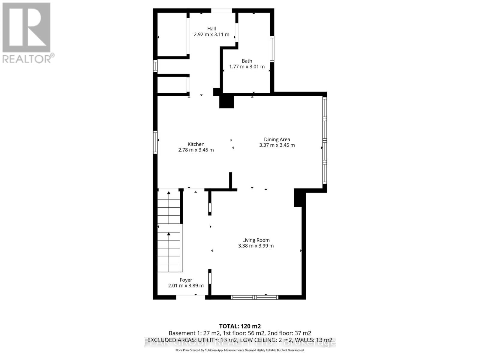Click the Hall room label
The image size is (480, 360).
211,29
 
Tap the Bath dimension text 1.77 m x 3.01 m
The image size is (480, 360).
247,67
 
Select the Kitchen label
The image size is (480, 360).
196,144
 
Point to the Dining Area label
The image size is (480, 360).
277,139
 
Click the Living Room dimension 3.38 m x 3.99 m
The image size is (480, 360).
256,246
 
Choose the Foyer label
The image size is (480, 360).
186,280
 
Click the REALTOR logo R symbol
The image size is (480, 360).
26,28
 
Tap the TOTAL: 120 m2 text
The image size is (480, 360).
240,326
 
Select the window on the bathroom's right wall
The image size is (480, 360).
272,49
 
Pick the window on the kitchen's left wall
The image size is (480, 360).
155,142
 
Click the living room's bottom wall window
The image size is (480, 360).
255,297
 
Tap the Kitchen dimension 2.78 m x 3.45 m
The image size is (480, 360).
196,150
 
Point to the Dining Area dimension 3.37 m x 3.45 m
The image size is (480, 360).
277,145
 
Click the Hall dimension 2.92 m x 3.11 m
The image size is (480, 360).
211,34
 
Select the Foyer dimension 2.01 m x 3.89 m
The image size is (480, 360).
186,286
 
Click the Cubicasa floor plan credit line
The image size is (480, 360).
240,350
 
